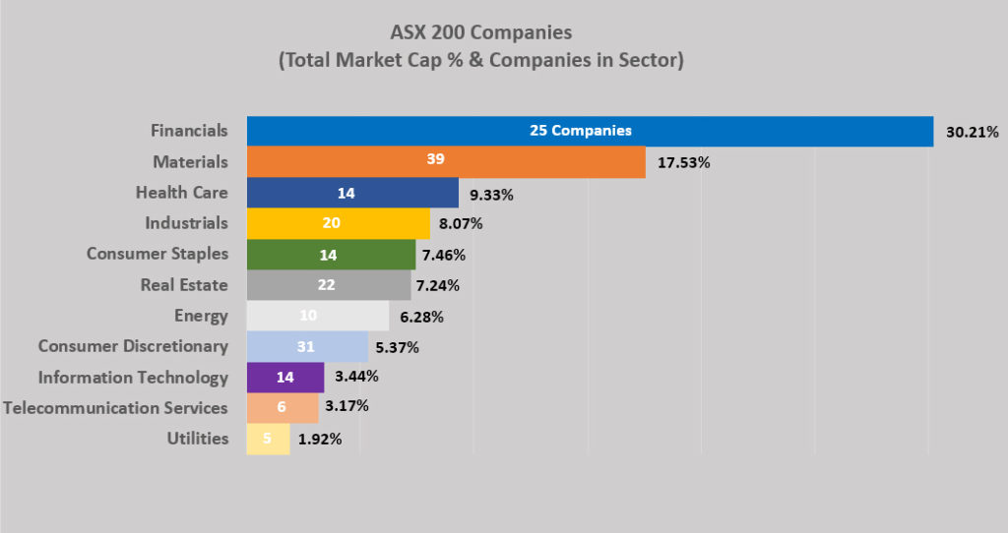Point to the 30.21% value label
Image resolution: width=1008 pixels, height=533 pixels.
972,131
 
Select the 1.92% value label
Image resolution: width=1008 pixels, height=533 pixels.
319,440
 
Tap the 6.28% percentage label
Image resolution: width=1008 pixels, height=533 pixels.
421,317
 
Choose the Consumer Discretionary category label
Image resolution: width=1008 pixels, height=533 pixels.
133,346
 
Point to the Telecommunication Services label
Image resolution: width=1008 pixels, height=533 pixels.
115,407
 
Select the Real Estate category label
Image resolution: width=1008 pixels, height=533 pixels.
184,285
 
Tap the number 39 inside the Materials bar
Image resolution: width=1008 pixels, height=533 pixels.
435,161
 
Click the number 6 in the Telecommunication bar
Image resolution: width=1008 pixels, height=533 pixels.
282,408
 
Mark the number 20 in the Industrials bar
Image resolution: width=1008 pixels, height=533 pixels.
331,223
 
